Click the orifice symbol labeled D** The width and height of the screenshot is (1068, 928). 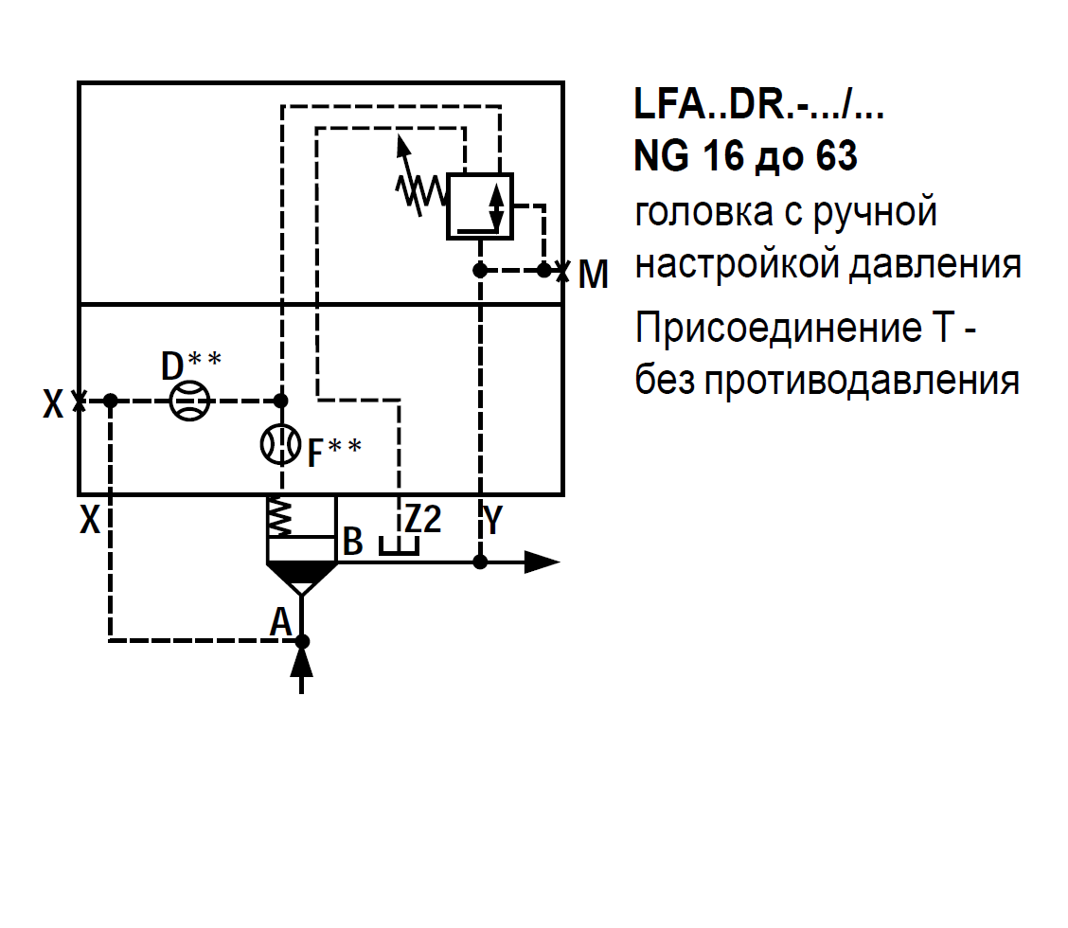[x=189, y=401]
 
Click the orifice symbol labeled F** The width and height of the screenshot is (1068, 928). [x=280, y=444]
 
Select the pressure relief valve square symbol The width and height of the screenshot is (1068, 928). [x=479, y=205]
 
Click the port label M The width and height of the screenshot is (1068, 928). [x=593, y=275]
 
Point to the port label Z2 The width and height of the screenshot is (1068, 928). [x=422, y=520]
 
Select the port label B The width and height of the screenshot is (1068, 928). [x=352, y=542]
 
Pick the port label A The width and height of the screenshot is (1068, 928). [x=280, y=622]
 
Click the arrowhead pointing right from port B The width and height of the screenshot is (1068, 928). [x=542, y=562]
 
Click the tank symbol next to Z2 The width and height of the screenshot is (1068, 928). [x=399, y=547]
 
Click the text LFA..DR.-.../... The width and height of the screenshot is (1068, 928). [x=758, y=103]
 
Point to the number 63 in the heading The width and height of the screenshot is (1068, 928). [x=832, y=156]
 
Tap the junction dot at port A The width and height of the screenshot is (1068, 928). [x=302, y=641]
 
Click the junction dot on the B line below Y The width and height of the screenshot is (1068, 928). [x=480, y=562]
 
